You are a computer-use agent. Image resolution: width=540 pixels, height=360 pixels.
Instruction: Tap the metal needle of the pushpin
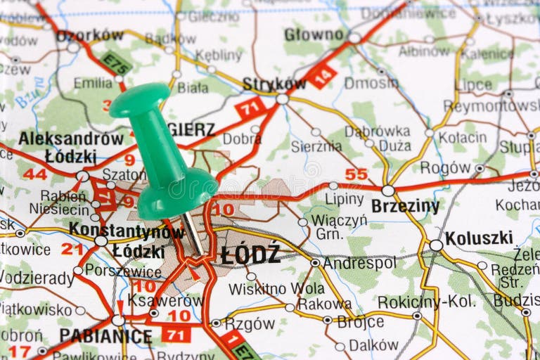click(193, 234)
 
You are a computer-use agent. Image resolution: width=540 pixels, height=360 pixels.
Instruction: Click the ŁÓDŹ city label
click(250, 255)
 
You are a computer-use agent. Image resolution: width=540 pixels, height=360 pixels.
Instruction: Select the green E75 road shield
click(115, 63)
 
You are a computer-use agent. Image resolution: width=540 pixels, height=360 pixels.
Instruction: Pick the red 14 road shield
click(321, 76)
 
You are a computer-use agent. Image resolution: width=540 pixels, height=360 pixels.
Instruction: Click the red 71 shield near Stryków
click(250, 108)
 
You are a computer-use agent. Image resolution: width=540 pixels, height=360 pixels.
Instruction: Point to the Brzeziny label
click(405, 206)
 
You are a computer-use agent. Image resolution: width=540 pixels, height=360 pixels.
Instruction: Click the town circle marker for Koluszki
click(437, 245)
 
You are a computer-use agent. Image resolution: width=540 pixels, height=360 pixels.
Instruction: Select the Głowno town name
click(314, 34)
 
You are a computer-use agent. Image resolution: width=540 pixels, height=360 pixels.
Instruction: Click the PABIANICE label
click(105, 336)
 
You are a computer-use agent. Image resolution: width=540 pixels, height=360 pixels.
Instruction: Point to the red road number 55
click(356, 174)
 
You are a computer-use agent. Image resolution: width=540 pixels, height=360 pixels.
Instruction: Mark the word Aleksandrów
click(71, 139)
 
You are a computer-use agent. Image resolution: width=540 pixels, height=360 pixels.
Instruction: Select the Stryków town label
click(274, 84)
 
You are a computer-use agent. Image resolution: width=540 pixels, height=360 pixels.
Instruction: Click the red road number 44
click(34, 174)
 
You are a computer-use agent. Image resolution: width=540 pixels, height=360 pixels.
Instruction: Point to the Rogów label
click(445, 167)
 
